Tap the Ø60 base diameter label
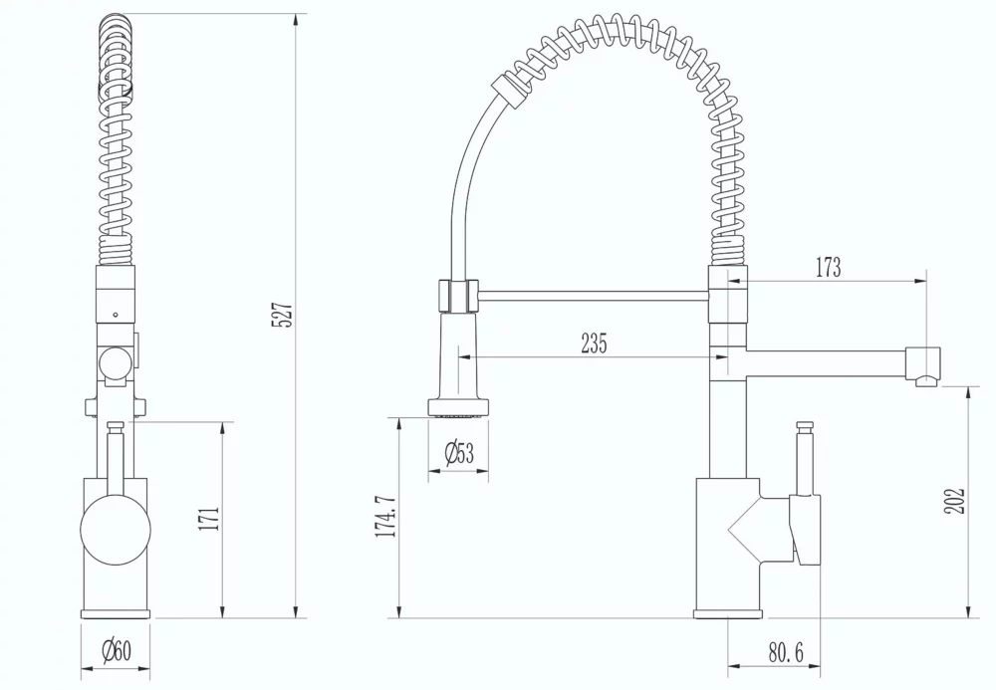click(x=116, y=652)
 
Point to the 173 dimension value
click(x=827, y=267)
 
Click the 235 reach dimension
click(x=594, y=344)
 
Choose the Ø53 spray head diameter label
click(x=459, y=454)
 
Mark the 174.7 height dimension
click(x=382, y=516)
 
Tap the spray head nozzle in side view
click(x=458, y=406)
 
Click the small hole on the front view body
click(x=116, y=315)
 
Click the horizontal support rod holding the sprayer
click(x=594, y=294)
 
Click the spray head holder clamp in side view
click(x=457, y=296)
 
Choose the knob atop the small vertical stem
click(x=804, y=425)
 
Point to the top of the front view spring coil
click(x=116, y=24)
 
